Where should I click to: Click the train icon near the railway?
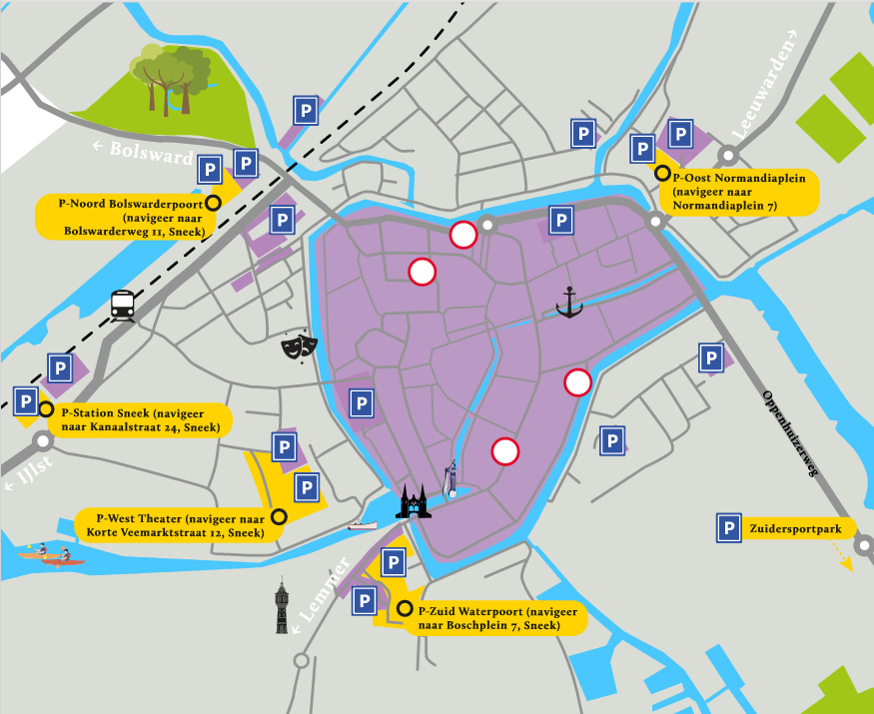pos(123,305)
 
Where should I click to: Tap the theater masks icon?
pos(300,346)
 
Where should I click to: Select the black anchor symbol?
pos(569,302)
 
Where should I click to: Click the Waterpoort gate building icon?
pos(413,502)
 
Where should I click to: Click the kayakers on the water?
pos(55,556)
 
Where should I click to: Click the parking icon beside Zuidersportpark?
pos(729,529)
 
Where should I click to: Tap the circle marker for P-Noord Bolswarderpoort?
pos(212,201)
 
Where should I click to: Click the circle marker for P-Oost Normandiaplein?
pos(662,173)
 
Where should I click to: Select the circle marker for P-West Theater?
pos(280,516)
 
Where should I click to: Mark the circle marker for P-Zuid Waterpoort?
pos(405,609)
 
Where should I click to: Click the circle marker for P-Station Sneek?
pos(46,409)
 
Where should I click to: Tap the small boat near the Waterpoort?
pos(362,523)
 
